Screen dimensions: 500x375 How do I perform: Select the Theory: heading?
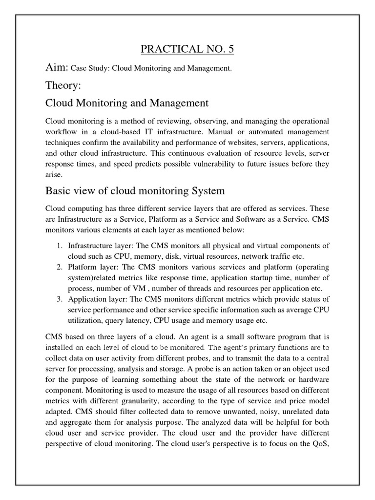[x=63, y=86]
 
